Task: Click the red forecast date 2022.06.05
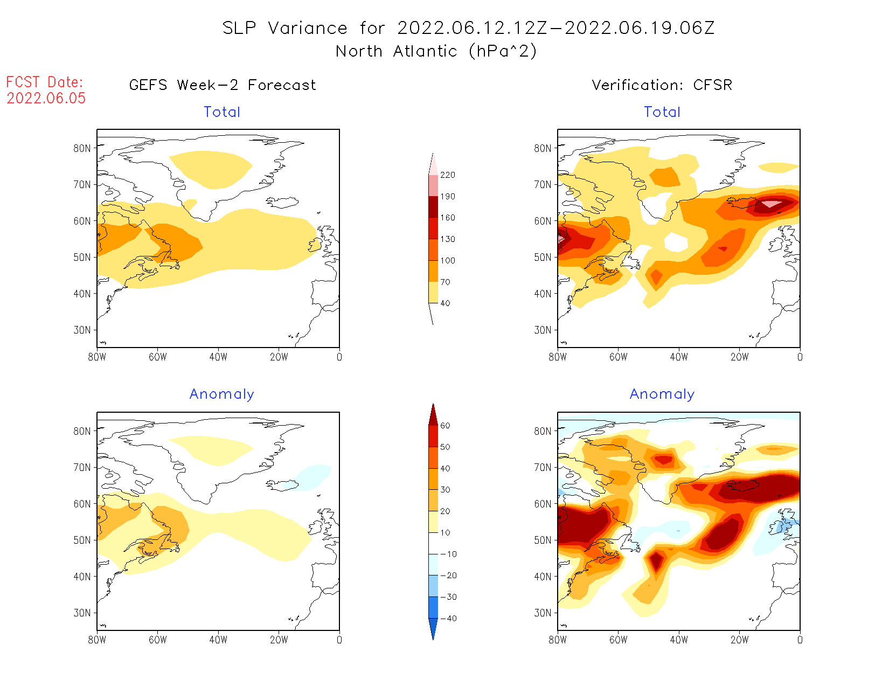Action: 46,98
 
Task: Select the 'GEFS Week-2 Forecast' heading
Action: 223,85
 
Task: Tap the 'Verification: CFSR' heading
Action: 662,85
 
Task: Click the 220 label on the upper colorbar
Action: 447,175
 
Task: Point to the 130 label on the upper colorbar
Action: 447,239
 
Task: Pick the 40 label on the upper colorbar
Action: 445,303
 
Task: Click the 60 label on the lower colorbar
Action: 445,426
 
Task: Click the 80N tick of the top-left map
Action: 82,148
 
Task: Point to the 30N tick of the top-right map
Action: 543,330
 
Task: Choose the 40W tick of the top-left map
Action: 218,357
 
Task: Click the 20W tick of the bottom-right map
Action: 739,640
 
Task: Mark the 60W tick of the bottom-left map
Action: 157,640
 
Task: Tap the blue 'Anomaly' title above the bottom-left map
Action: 221,394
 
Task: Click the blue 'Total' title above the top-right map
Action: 662,112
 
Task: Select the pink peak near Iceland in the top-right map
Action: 771,204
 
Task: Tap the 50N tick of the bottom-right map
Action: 543,540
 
